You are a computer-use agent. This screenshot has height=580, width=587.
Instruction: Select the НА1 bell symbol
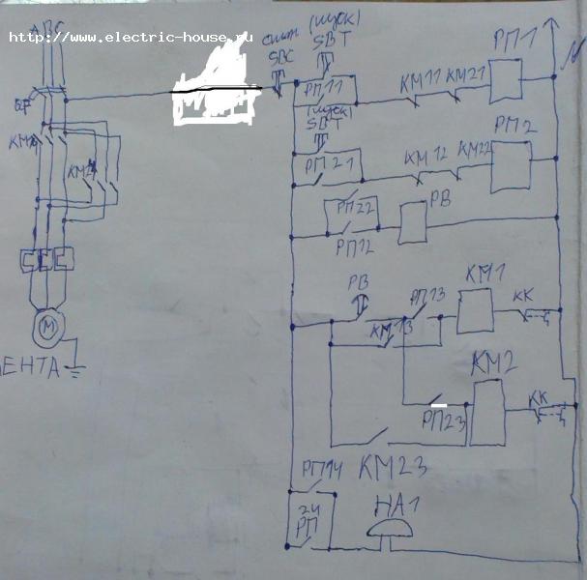point(393,529)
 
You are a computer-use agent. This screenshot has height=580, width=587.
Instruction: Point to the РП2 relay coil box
point(511,166)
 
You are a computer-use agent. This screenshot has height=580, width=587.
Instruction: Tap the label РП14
point(322,469)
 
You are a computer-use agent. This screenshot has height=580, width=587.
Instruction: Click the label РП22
point(356,207)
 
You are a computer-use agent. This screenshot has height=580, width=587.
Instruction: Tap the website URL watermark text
point(130,38)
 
